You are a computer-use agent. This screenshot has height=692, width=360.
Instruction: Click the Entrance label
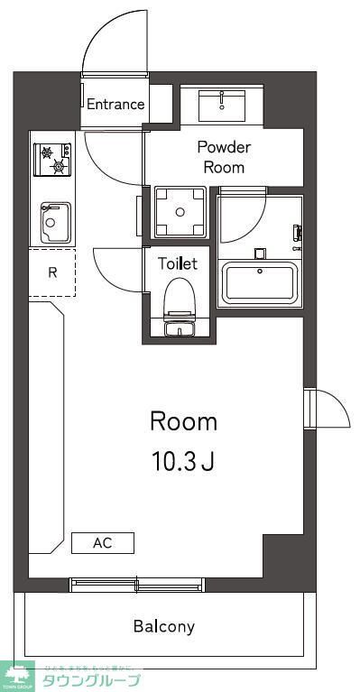(x=115, y=104)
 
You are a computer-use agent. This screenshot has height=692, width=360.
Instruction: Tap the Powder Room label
(x=225, y=157)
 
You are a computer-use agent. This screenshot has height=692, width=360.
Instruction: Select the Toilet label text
(x=178, y=264)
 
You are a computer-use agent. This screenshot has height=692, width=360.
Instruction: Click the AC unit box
(x=103, y=543)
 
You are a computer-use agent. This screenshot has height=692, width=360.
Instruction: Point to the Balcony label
(x=164, y=626)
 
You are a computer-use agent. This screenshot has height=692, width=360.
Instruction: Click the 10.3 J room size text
(x=182, y=462)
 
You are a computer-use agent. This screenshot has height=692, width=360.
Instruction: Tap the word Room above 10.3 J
(x=183, y=421)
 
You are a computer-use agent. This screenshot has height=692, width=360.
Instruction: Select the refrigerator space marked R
(x=53, y=272)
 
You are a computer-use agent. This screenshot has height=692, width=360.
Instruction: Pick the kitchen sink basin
(x=53, y=219)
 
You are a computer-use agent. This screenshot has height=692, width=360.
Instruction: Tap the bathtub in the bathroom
(x=261, y=282)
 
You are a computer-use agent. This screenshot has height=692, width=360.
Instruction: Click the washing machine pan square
(x=180, y=212)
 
